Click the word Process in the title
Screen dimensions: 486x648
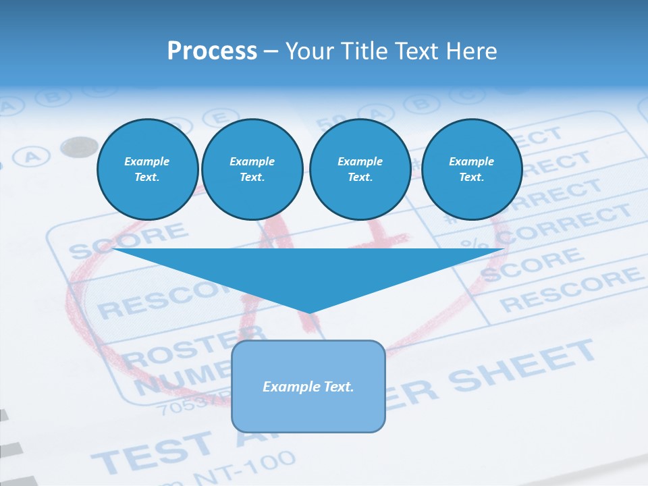[212, 51]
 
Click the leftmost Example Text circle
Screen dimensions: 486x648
[147, 169]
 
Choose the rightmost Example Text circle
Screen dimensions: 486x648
[471, 169]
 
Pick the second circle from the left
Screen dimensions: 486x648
[252, 169]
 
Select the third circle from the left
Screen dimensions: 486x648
[360, 169]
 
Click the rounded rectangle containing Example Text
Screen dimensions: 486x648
[308, 386]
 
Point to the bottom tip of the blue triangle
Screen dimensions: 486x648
[308, 312]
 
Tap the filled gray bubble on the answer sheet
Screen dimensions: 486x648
[80, 146]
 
